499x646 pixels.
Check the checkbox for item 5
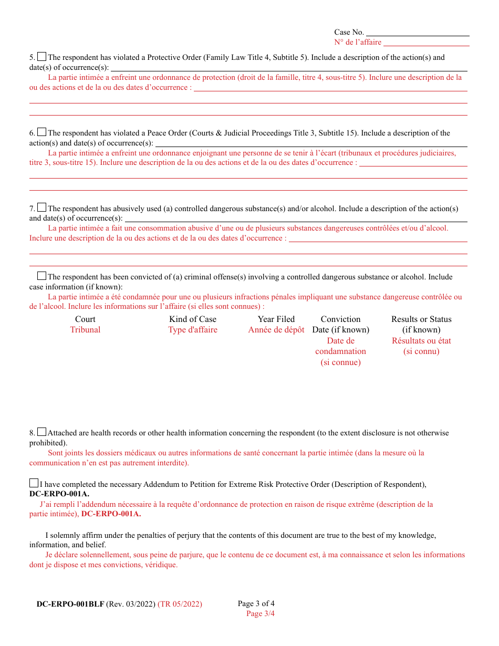(42, 57)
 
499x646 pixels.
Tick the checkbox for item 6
(42, 132)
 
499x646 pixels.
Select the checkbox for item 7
(42, 208)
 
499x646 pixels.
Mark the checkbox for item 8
(42, 432)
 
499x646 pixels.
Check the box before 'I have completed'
(34, 483)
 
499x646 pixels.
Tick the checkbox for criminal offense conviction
(41, 276)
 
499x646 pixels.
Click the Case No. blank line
(418, 33)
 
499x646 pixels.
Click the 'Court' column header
(85, 319)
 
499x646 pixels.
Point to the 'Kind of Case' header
(193, 319)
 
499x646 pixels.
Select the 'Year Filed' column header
(276, 319)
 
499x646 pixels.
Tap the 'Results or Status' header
(421, 319)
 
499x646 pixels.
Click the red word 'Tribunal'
(85, 330)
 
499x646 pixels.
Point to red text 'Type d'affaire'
(193, 330)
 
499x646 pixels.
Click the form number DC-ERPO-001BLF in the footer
(70, 604)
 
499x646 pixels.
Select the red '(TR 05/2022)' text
(180, 604)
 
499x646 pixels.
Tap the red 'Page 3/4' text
(261, 613)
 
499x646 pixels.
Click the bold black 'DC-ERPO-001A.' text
(59, 494)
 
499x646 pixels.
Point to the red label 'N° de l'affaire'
(358, 42)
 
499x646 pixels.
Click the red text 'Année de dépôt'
(276, 330)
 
